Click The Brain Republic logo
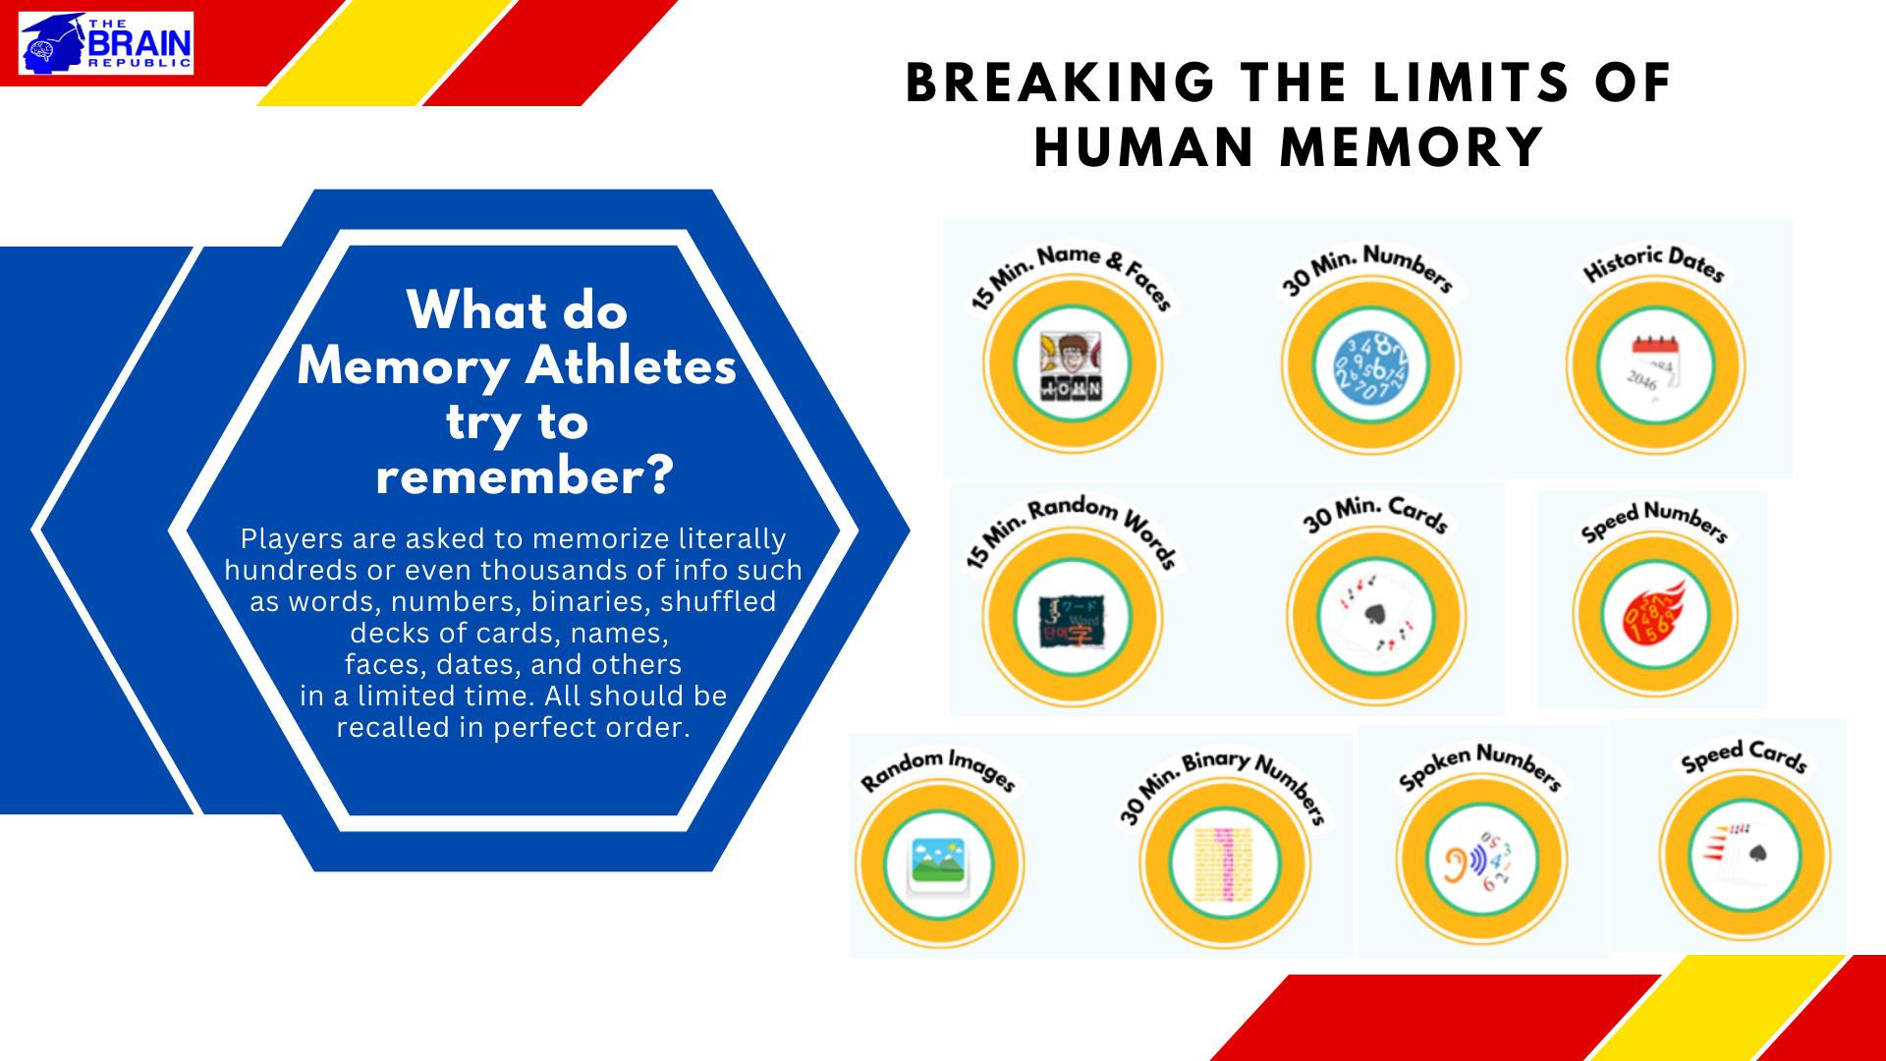click(106, 43)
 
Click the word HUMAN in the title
click(1144, 148)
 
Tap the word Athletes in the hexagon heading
click(631, 366)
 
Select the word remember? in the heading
click(525, 476)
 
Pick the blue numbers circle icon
click(1370, 365)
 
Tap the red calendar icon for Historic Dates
click(1655, 365)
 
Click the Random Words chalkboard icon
click(1072, 619)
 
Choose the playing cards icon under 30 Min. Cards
click(1375, 617)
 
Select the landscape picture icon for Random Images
click(938, 863)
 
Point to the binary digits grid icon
click(1223, 864)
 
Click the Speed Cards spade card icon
click(1744, 853)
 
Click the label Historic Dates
click(1654, 263)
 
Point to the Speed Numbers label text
click(1654, 521)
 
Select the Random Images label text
click(937, 769)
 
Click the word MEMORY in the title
click(1412, 148)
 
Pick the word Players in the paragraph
click(291, 539)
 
